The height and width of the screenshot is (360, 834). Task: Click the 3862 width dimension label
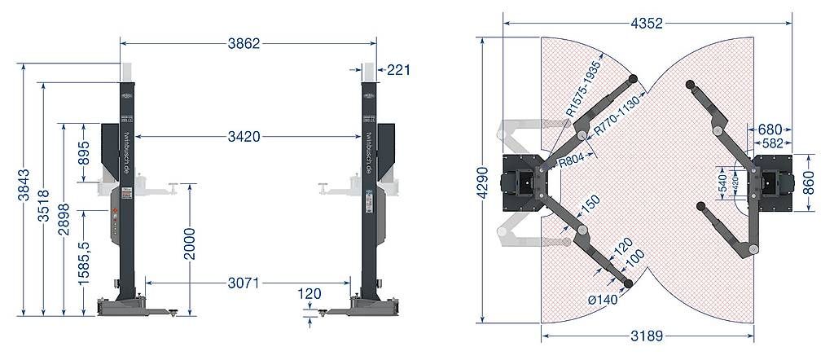[244, 44]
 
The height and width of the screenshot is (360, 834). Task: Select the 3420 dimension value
[244, 137]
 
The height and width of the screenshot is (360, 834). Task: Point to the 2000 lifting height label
[189, 244]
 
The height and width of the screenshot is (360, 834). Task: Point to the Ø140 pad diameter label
[604, 300]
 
